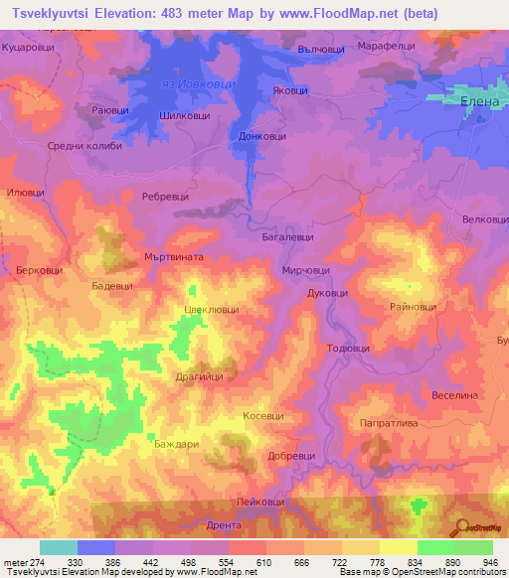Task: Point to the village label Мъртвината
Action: point(174,256)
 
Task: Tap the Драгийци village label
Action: point(206,377)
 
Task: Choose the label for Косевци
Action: point(263,416)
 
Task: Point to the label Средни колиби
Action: point(85,146)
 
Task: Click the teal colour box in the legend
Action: point(58,547)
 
